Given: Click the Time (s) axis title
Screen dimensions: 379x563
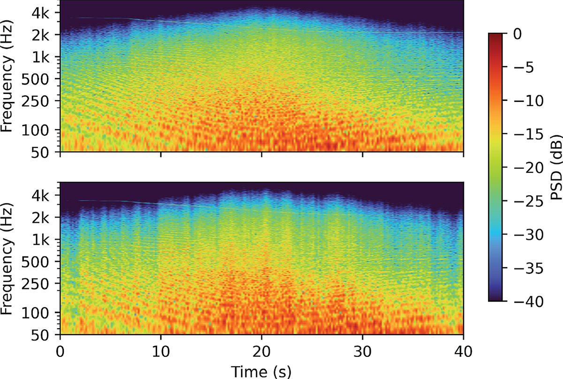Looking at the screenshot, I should [x=262, y=371].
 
